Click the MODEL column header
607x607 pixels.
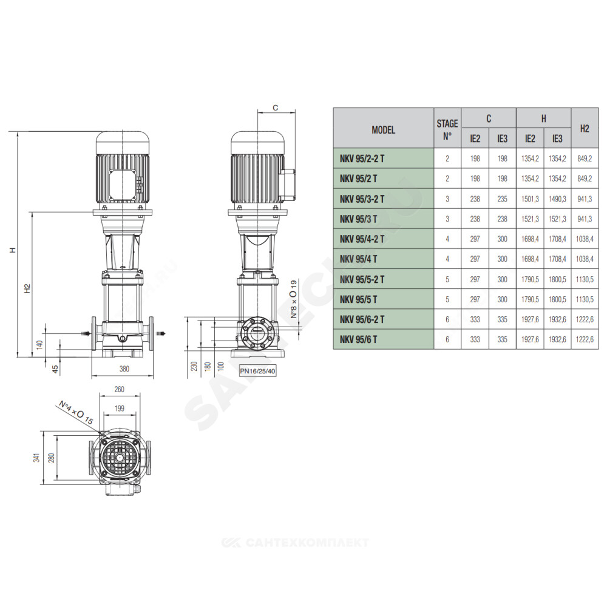(x=383, y=130)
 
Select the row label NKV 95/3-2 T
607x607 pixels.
(x=362, y=199)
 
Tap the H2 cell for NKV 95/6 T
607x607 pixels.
(x=585, y=339)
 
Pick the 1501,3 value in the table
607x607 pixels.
(x=530, y=199)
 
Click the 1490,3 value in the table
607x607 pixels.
(x=557, y=199)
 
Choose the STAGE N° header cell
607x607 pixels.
(x=447, y=130)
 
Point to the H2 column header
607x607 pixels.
(x=585, y=129)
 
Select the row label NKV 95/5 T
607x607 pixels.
(x=359, y=299)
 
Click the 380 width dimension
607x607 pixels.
(x=124, y=369)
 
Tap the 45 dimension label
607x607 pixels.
(x=55, y=369)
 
